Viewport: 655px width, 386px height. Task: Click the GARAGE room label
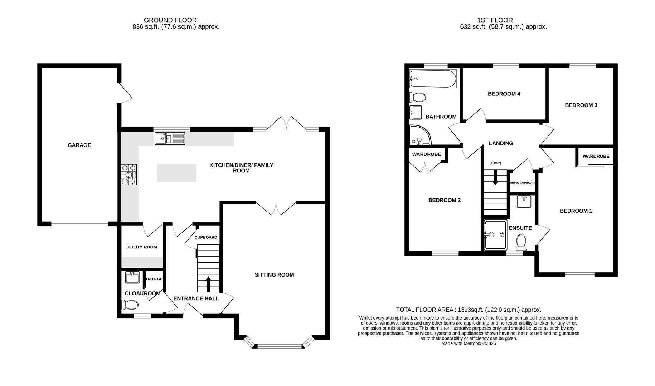coord(79,145)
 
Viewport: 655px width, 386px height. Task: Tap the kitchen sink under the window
coord(170,138)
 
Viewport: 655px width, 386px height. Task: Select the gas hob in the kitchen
coord(129,174)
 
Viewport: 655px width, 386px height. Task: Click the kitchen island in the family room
coord(176,173)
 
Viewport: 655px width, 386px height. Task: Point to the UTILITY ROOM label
coord(141,247)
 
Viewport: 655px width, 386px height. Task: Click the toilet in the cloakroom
coord(130,305)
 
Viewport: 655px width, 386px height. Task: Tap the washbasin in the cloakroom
coord(132,277)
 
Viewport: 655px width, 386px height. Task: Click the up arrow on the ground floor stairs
coord(208,284)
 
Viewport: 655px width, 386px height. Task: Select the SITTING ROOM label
coord(274,275)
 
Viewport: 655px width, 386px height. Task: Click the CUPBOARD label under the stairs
coord(206,237)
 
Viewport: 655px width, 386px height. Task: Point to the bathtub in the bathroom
coord(433,79)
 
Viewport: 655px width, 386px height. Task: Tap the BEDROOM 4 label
coord(504,94)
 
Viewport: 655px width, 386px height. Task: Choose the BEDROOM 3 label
coord(581,105)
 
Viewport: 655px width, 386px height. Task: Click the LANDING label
coord(501,143)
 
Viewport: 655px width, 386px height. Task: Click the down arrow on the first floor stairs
coord(495,178)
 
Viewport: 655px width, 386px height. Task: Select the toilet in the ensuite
coord(521,242)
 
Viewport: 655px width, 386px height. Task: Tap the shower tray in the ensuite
coord(495,235)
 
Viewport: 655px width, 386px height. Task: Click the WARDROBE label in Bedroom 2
coord(426,154)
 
